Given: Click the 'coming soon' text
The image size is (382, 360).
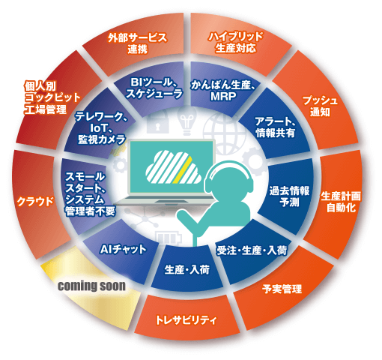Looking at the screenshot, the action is (91, 286).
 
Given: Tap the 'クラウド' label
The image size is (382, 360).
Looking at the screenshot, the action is (35, 202).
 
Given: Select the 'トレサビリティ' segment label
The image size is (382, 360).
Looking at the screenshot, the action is (186, 320).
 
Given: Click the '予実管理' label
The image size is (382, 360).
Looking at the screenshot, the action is (282, 289).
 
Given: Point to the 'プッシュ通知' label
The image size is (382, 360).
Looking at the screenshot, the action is (320, 106).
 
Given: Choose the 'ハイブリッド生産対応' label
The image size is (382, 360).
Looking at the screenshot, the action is (236, 42).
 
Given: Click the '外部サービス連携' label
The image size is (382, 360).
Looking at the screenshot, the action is (138, 43).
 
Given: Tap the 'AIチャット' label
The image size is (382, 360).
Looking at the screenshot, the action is (123, 249).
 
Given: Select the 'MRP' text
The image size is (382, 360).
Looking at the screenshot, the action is (223, 96).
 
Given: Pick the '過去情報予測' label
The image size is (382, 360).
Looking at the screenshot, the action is (289, 196).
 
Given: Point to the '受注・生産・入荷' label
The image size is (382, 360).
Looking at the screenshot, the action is (252, 250).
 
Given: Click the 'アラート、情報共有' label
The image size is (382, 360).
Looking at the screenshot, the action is (276, 127).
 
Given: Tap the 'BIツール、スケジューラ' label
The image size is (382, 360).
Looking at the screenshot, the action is (154, 88).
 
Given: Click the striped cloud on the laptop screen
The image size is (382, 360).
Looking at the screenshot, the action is (173, 166).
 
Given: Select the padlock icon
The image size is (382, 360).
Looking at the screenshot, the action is (157, 122).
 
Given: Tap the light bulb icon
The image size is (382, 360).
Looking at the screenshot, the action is (187, 121).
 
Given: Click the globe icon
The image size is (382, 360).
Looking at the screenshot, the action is (224, 132).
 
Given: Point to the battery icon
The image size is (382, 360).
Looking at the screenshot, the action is (168, 238).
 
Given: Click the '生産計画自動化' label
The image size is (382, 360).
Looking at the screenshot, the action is (341, 202).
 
